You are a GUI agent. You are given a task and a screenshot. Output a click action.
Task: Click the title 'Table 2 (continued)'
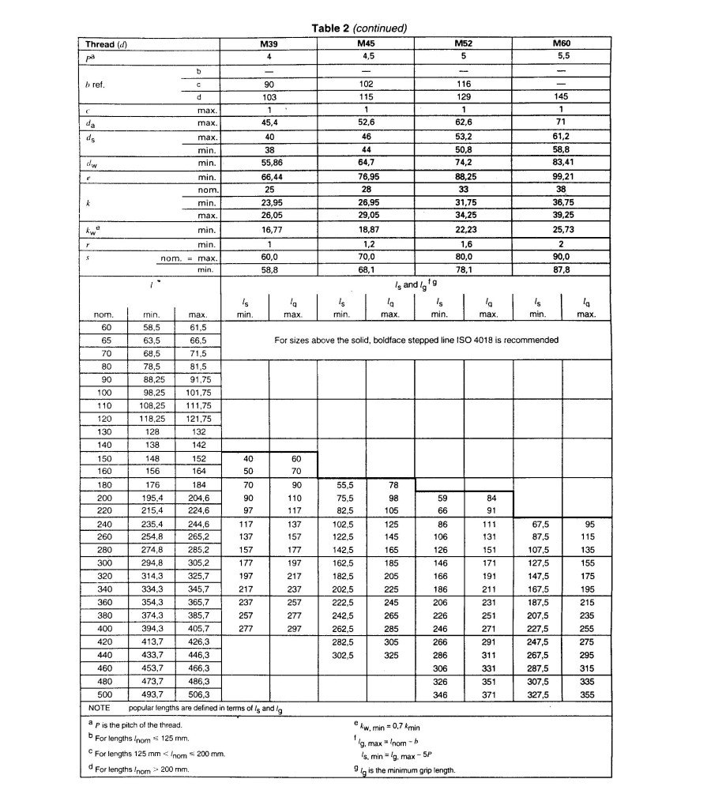click(x=359, y=28)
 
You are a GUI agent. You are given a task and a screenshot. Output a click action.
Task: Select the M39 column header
click(x=269, y=45)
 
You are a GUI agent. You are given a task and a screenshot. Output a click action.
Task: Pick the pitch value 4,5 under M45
click(x=366, y=58)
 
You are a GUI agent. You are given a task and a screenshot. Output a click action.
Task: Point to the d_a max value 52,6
click(x=366, y=122)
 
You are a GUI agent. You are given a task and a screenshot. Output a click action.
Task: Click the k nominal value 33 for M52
click(x=464, y=190)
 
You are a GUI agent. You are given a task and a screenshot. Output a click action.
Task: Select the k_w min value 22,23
click(x=464, y=230)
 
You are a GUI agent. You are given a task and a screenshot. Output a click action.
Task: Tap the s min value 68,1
click(x=366, y=270)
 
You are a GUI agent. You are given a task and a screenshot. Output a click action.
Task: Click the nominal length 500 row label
click(x=107, y=694)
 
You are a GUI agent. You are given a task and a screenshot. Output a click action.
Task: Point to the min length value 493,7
click(x=152, y=694)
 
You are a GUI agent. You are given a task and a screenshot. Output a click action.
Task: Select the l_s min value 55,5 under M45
click(x=341, y=485)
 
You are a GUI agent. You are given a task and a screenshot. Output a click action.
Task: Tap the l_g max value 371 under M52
click(x=488, y=694)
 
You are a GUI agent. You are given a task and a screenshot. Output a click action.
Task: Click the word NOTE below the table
click(x=100, y=708)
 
